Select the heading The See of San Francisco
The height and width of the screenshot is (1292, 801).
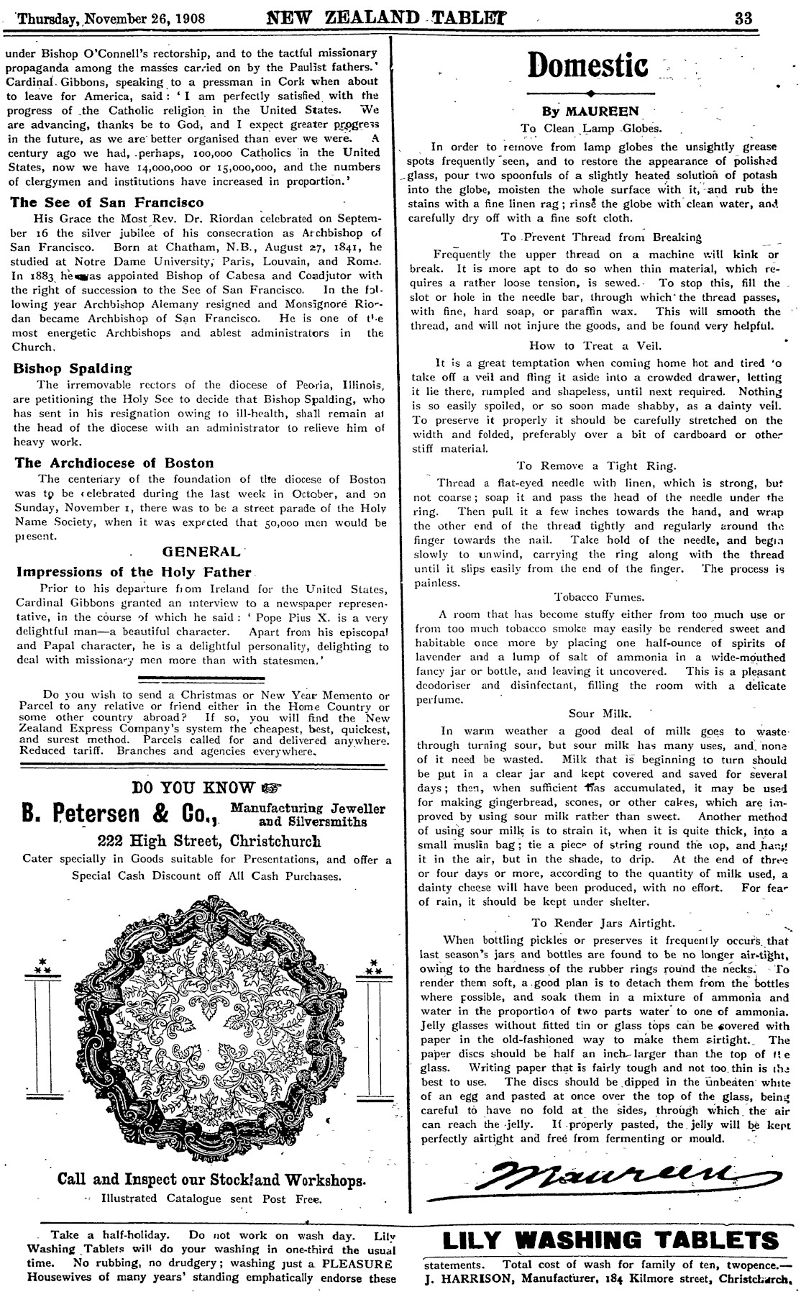(108, 203)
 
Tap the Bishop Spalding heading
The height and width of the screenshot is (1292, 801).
(73, 368)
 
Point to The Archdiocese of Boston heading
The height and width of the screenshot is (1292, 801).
(114, 463)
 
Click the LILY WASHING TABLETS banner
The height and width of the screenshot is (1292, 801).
(610, 1239)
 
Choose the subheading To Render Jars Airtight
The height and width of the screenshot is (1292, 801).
(603, 922)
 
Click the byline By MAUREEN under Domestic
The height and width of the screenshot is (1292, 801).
(589, 112)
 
